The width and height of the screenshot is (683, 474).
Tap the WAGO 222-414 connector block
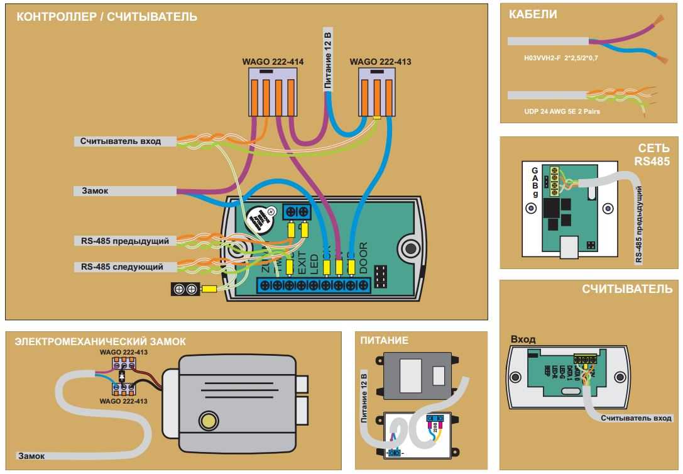pos(273,92)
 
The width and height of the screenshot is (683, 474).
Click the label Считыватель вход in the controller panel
pos(120,141)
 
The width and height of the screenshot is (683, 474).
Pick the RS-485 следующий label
pos(122,267)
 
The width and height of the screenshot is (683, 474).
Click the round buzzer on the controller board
pos(260,218)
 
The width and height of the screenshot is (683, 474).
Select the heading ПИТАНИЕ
pos(384,341)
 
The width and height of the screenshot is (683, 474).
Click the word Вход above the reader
pos(523,339)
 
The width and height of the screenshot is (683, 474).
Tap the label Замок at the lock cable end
pos(31,456)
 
